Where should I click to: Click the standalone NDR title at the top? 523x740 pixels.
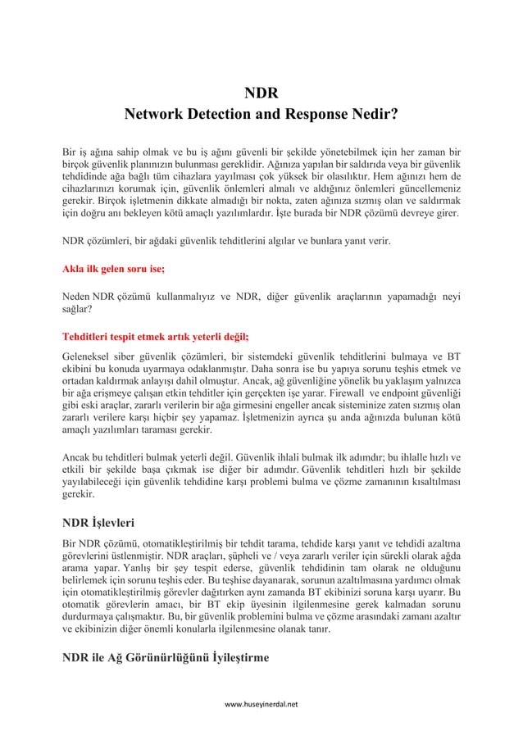tap(261, 93)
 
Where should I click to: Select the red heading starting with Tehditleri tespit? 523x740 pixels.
tap(156, 336)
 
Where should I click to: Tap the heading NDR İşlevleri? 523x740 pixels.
tap(99, 521)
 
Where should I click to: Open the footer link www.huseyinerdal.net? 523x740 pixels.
tap(261, 704)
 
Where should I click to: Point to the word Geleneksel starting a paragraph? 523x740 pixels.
tap(90, 356)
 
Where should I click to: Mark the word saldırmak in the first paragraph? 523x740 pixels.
tap(435, 199)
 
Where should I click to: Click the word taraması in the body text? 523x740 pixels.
tap(152, 430)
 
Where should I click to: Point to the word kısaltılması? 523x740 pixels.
tap(427, 482)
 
